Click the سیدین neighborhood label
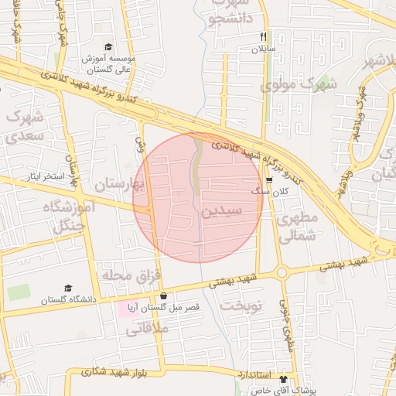(x=223, y=210)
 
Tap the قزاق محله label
(x=128, y=275)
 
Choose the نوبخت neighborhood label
(x=242, y=305)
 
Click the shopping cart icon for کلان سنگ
(x=269, y=179)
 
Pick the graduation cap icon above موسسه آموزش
(x=107, y=46)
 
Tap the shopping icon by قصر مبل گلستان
(x=163, y=295)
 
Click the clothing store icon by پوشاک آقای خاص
(x=283, y=380)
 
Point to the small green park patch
(x=19, y=293)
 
